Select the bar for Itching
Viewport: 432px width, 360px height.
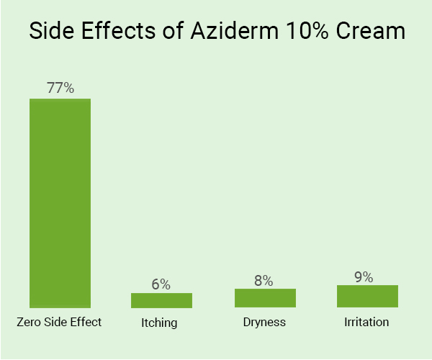[161, 300]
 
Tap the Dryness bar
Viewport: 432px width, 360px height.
[265, 298]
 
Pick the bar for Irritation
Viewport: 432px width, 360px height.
[367, 297]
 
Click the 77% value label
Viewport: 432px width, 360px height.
[60, 88]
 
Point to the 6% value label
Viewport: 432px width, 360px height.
[161, 284]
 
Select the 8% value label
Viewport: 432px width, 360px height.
[264, 281]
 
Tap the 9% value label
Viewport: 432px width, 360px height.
[364, 276]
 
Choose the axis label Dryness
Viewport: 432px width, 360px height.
[264, 322]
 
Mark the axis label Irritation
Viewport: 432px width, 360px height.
[366, 322]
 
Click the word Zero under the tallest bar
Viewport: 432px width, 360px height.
[30, 322]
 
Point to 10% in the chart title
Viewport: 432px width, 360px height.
[307, 33]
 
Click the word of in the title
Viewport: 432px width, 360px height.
[171, 33]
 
